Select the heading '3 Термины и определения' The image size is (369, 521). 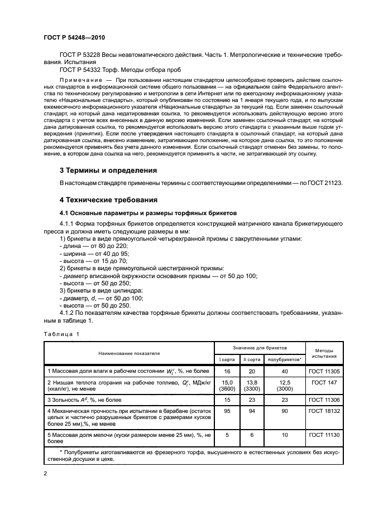point(108,170)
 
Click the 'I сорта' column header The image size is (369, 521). point(227,360)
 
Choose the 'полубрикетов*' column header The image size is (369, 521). point(285,360)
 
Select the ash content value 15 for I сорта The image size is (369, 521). point(227,400)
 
